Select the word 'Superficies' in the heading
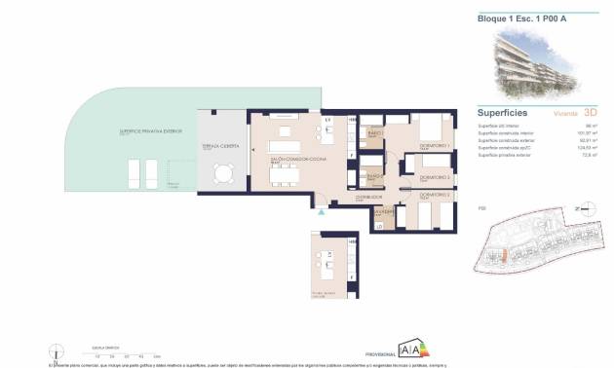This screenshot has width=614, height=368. (503, 112)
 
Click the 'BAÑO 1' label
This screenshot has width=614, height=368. (374, 132)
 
